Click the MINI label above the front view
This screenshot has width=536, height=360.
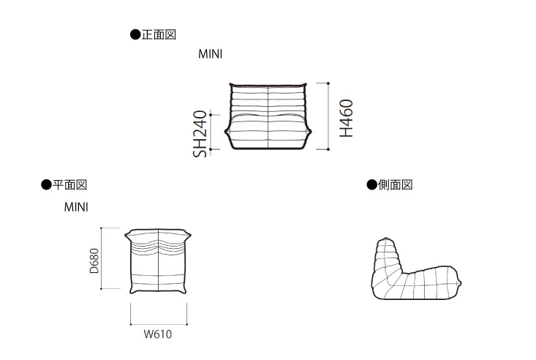pyautogui.click(x=210, y=54)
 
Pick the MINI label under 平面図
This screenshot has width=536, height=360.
pyautogui.click(x=76, y=207)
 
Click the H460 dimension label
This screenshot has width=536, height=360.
pyautogui.click(x=347, y=119)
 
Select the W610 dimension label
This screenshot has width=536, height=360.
pyautogui.click(x=158, y=335)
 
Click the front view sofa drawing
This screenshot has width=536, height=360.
pyautogui.click(x=268, y=117)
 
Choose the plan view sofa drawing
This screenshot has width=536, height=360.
pyautogui.click(x=159, y=260)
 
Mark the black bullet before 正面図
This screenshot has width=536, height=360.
pyautogui.click(x=135, y=34)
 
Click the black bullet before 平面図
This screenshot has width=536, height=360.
pyautogui.click(x=46, y=185)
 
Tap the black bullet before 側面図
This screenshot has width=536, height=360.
pyautogui.click(x=371, y=185)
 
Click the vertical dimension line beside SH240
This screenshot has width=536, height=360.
pyautogui.click(x=212, y=132)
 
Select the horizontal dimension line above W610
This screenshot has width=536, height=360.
pyautogui.click(x=159, y=324)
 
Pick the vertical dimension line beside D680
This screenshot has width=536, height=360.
pyautogui.click(x=102, y=259)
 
